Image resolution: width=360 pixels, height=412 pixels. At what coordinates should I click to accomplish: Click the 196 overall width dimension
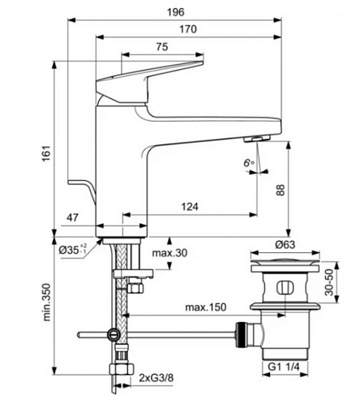pos(176,12)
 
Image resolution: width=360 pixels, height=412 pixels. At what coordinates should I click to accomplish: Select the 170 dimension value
pos(188,29)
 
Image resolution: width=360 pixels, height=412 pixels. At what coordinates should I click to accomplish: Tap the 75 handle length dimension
pos(162,46)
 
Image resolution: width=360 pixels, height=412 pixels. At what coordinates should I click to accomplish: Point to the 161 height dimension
pos(46,153)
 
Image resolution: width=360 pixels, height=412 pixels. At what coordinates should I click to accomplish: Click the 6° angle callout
pos(249,163)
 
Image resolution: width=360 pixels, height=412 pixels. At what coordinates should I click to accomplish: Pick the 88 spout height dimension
pos(281,190)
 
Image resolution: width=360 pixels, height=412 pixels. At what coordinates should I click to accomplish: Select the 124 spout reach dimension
pos(190,207)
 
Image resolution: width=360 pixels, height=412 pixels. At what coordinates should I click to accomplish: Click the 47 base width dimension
pos(72,217)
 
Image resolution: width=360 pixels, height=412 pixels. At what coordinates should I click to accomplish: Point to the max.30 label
pos(169,253)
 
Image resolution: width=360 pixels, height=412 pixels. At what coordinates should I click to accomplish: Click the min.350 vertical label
pos(46,302)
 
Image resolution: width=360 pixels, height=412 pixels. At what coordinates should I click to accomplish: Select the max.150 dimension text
pos(206,307)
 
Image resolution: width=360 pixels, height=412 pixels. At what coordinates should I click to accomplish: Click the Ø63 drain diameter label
pos(285,245)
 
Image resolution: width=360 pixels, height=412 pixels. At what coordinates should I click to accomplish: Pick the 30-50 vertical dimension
pos(329,282)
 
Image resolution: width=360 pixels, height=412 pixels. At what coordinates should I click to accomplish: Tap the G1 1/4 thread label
pos(284,367)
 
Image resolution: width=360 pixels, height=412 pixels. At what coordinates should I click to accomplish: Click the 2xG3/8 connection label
pos(156,377)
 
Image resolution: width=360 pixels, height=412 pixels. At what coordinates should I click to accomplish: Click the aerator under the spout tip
pos(257,139)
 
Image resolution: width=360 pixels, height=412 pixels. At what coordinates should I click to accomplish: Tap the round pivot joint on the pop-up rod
pos(114,335)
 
